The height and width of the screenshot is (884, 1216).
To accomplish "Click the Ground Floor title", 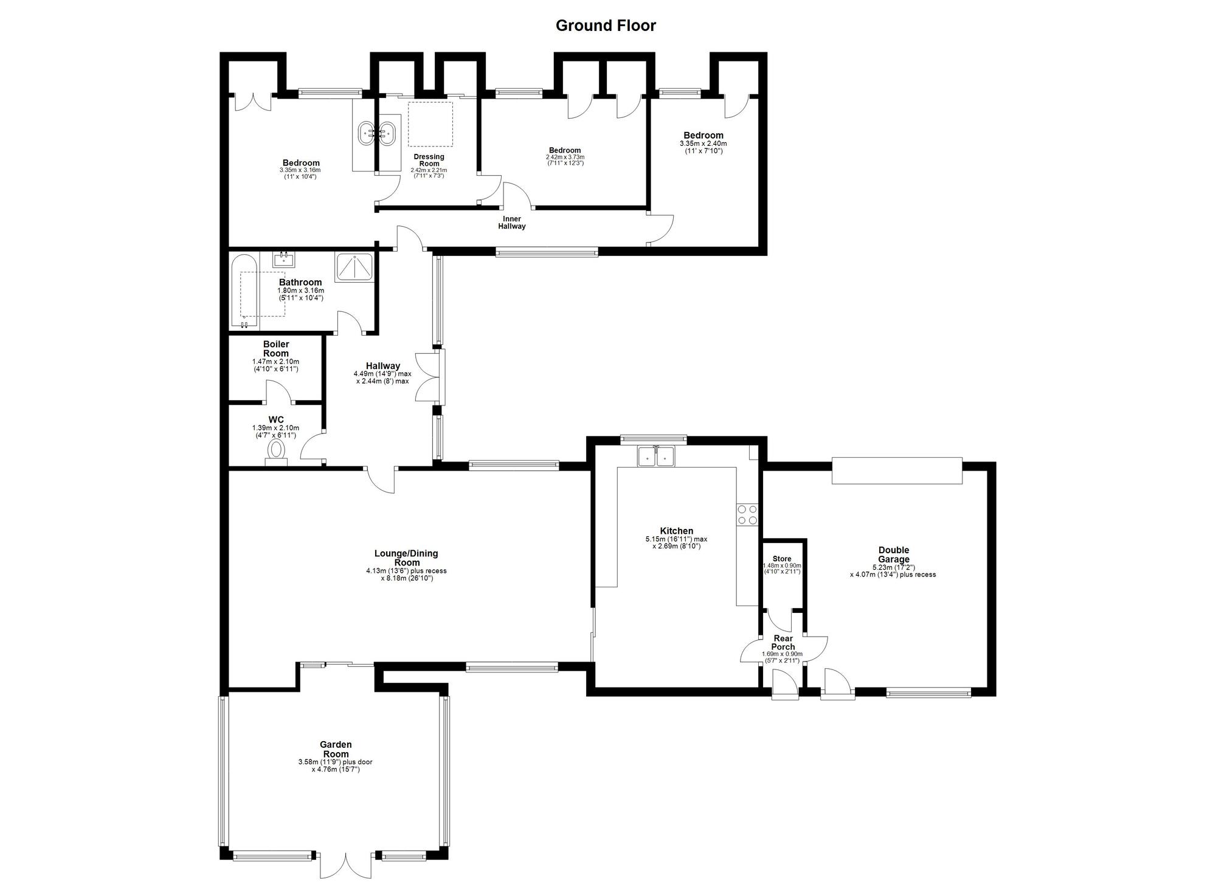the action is click(x=606, y=26).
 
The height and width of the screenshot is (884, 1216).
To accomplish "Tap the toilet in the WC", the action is click(x=276, y=453).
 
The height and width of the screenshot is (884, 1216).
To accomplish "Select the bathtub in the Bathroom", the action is click(x=244, y=291).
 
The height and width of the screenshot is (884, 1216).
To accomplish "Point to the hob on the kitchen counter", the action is click(x=747, y=514).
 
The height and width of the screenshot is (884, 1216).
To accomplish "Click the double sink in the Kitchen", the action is click(x=656, y=456).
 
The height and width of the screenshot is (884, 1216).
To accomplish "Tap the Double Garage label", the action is click(x=894, y=554).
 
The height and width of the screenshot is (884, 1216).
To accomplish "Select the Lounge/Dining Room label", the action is click(x=406, y=558).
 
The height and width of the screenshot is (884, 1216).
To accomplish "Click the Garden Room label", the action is click(x=336, y=749).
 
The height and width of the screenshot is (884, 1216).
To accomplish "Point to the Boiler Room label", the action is click(x=276, y=349).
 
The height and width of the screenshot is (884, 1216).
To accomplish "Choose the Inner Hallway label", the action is click(x=512, y=223).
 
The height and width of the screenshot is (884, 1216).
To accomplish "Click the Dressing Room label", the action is click(x=429, y=160).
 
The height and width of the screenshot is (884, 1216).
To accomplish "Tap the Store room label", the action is click(x=782, y=559).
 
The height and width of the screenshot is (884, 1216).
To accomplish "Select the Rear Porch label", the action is click(x=782, y=643).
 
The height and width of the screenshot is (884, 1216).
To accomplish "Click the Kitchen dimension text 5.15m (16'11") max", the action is click(x=676, y=539).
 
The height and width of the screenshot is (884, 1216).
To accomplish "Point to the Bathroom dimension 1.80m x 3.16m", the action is click(x=300, y=291).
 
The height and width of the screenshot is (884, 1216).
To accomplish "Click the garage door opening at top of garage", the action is click(x=897, y=471).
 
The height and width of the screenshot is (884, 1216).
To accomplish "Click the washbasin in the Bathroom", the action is click(x=284, y=260).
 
